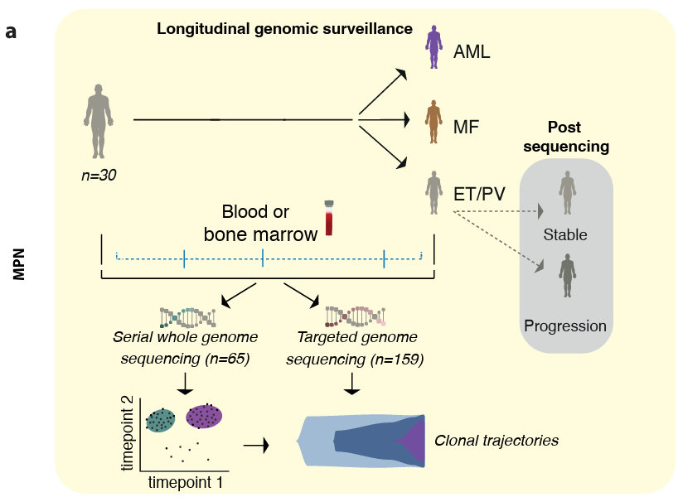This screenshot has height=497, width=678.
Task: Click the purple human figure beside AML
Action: click(432, 47)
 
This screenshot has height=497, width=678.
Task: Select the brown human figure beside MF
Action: click(432, 123)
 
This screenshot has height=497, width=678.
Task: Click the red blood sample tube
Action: click(330, 219)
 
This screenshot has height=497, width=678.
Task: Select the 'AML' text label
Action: click(472, 52)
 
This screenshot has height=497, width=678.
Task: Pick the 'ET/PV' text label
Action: click(480, 195)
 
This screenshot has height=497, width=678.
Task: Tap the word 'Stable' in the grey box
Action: click(565, 234)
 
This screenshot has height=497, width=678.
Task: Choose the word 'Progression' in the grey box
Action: click(565, 325)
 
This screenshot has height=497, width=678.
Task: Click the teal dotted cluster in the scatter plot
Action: click(162, 422)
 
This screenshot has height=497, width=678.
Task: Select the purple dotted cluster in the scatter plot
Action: click(205, 417)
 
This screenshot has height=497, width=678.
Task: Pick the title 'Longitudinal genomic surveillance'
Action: click(285, 29)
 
